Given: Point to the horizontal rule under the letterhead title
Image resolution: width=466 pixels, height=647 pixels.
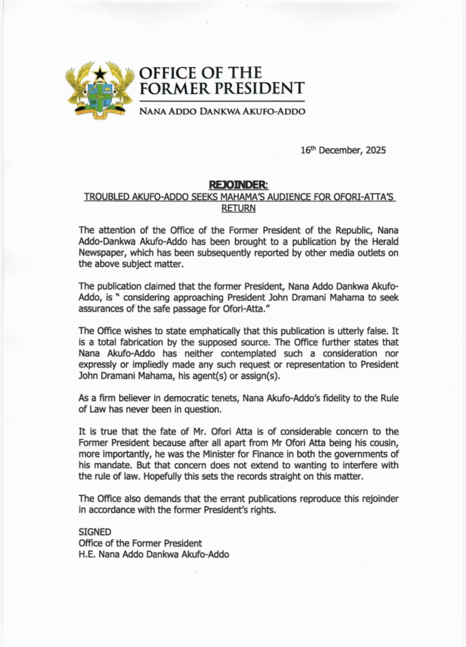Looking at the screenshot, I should pos(222,101).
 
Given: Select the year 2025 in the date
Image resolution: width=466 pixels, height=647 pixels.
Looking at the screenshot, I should pos(374,151).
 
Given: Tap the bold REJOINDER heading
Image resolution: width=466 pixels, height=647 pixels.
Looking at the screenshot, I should pos(239,185).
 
